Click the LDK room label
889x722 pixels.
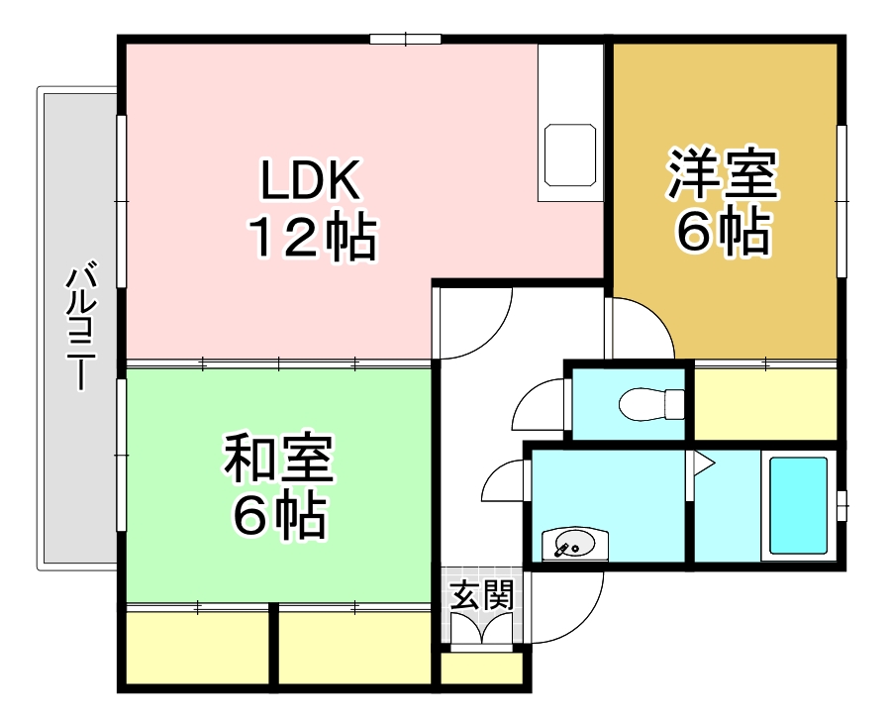(x=310, y=180)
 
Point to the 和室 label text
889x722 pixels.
(x=279, y=458)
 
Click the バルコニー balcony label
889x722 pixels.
(x=81, y=326)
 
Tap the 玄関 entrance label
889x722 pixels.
(x=482, y=594)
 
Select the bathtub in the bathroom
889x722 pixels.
(x=798, y=505)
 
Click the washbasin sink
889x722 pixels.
(x=574, y=545)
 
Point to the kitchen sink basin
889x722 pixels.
(x=570, y=155)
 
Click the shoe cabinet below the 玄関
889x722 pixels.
(x=482, y=669)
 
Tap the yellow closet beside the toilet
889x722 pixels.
(x=766, y=403)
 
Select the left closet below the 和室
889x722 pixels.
(x=197, y=649)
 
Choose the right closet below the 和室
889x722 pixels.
(x=355, y=649)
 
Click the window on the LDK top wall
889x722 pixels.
(x=405, y=40)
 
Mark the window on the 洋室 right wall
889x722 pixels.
(x=841, y=201)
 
